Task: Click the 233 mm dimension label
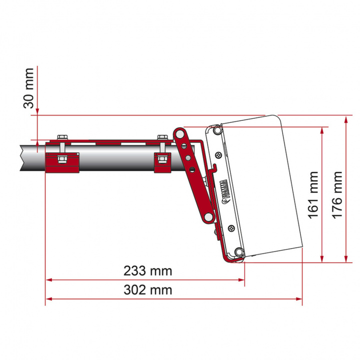click(148, 271)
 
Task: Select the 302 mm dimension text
click(148, 290)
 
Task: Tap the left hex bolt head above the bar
click(62, 137)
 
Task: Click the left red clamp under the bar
click(62, 162)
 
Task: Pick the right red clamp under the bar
click(163, 162)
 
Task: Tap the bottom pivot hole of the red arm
click(206, 218)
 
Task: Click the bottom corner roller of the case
click(239, 252)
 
